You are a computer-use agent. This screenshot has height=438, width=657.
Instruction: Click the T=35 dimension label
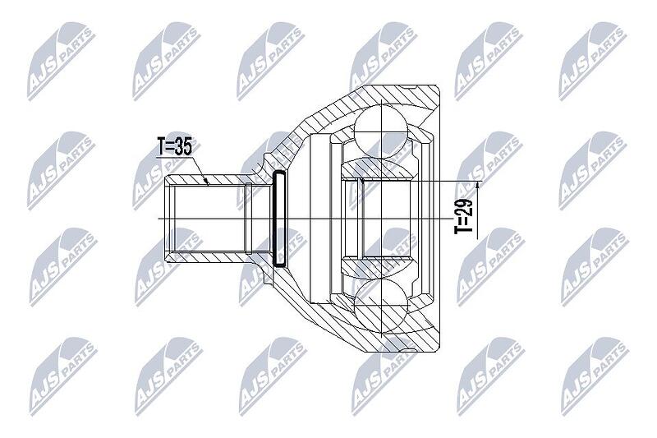(175, 147)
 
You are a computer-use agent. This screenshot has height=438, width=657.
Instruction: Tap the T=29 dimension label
(464, 215)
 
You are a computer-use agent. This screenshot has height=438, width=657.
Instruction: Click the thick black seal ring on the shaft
(278, 219)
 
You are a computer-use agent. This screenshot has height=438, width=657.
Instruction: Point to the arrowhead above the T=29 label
(479, 186)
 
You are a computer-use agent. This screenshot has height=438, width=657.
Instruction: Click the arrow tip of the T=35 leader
(208, 183)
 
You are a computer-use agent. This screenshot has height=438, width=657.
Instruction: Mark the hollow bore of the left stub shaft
(209, 219)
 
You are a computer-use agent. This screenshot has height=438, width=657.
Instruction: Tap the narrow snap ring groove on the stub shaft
(249, 219)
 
